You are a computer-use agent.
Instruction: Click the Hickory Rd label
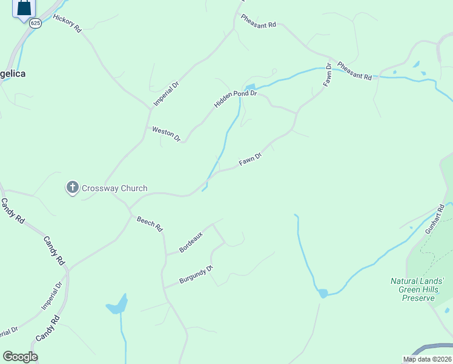pyautogui.click(x=67, y=23)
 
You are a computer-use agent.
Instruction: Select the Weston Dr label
pyautogui.click(x=166, y=133)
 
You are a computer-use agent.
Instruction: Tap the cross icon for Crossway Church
pyautogui.click(x=72, y=188)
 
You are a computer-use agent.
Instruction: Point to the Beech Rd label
pyautogui.click(x=150, y=224)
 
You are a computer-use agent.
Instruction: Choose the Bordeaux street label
pyautogui.click(x=191, y=242)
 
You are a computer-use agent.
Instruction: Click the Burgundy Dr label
pyautogui.click(x=197, y=275)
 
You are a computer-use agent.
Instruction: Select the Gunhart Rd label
pyautogui.click(x=435, y=219)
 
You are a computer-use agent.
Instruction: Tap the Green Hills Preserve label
pyautogui.click(x=417, y=289)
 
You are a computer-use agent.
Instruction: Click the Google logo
pyautogui.click(x=20, y=357)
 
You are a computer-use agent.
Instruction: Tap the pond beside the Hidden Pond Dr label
pyautogui.click(x=250, y=88)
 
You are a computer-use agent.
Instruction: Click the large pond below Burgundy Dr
pyautogui.click(x=117, y=305)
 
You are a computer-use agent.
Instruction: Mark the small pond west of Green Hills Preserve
pyautogui.click(x=323, y=294)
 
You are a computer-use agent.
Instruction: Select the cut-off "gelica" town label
pyautogui.click(x=13, y=73)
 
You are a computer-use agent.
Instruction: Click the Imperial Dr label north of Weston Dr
pyautogui.click(x=167, y=94)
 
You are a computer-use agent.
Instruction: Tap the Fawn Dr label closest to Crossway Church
pyautogui.click(x=250, y=160)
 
